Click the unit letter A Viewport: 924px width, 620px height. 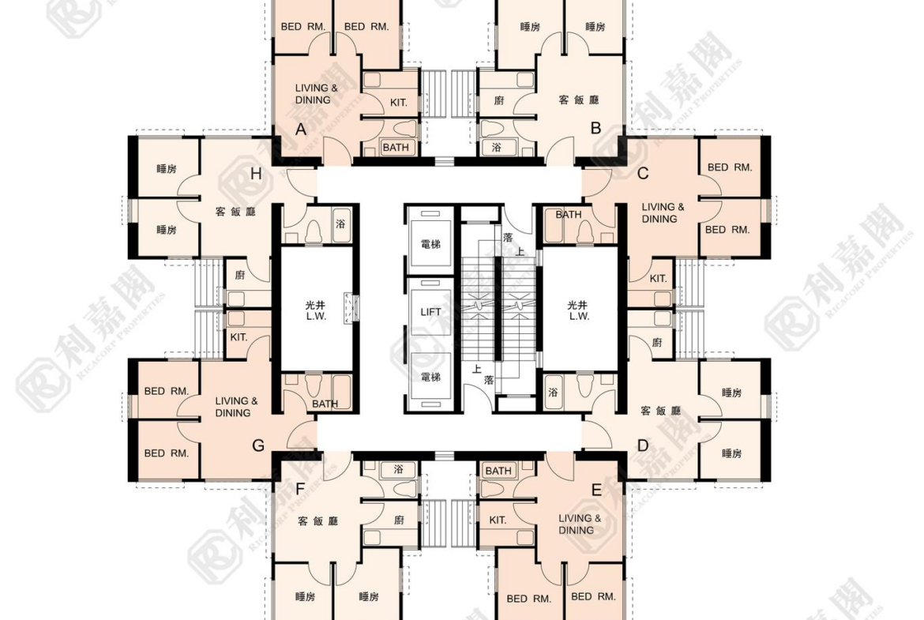(x=301, y=129)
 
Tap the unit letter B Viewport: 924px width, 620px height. (x=595, y=128)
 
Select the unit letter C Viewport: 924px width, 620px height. (x=643, y=173)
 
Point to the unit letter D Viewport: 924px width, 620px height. (x=643, y=445)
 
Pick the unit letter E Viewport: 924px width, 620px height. (x=596, y=490)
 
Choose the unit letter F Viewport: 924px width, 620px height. (x=301, y=490)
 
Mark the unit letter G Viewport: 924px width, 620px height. (x=258, y=445)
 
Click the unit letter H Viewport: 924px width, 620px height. (x=256, y=173)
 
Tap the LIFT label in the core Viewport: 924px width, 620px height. (x=430, y=311)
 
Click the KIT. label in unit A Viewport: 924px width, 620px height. (x=399, y=103)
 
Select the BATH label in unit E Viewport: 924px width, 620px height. (x=498, y=470)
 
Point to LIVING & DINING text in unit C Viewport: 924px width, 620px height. (x=663, y=212)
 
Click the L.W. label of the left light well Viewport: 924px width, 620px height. (x=316, y=317)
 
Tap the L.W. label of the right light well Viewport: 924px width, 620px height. (x=579, y=317)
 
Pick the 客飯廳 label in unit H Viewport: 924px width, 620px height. (x=235, y=211)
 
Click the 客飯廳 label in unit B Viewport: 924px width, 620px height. (x=579, y=100)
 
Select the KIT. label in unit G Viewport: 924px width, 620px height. (x=239, y=337)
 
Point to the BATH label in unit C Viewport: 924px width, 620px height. (x=569, y=215)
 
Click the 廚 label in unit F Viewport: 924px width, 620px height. (x=399, y=520)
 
